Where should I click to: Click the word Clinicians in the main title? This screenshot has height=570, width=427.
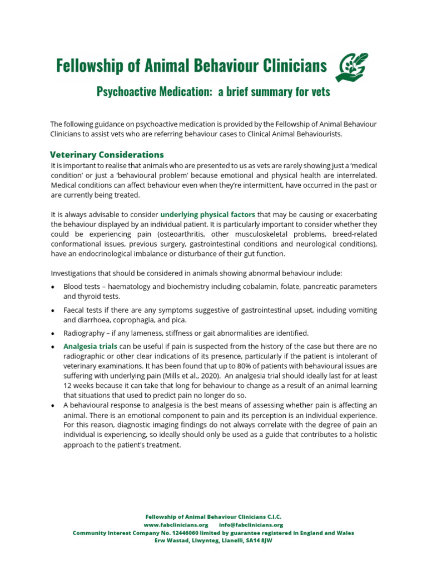coord(291,66)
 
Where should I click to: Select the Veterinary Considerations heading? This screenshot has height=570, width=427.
coord(107,154)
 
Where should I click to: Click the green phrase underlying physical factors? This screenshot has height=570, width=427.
coord(208,214)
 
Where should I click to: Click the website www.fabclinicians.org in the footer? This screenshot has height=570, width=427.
coord(176,524)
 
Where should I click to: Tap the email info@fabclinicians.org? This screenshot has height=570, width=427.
coord(251,524)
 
